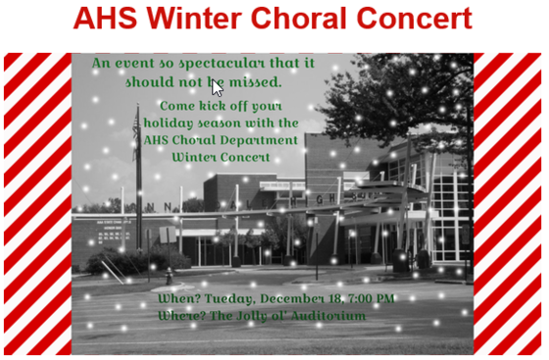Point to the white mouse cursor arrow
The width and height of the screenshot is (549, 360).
pos(217,85)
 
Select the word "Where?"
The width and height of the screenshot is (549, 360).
pos(183,316)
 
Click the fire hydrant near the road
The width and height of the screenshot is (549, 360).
pos(168,277)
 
